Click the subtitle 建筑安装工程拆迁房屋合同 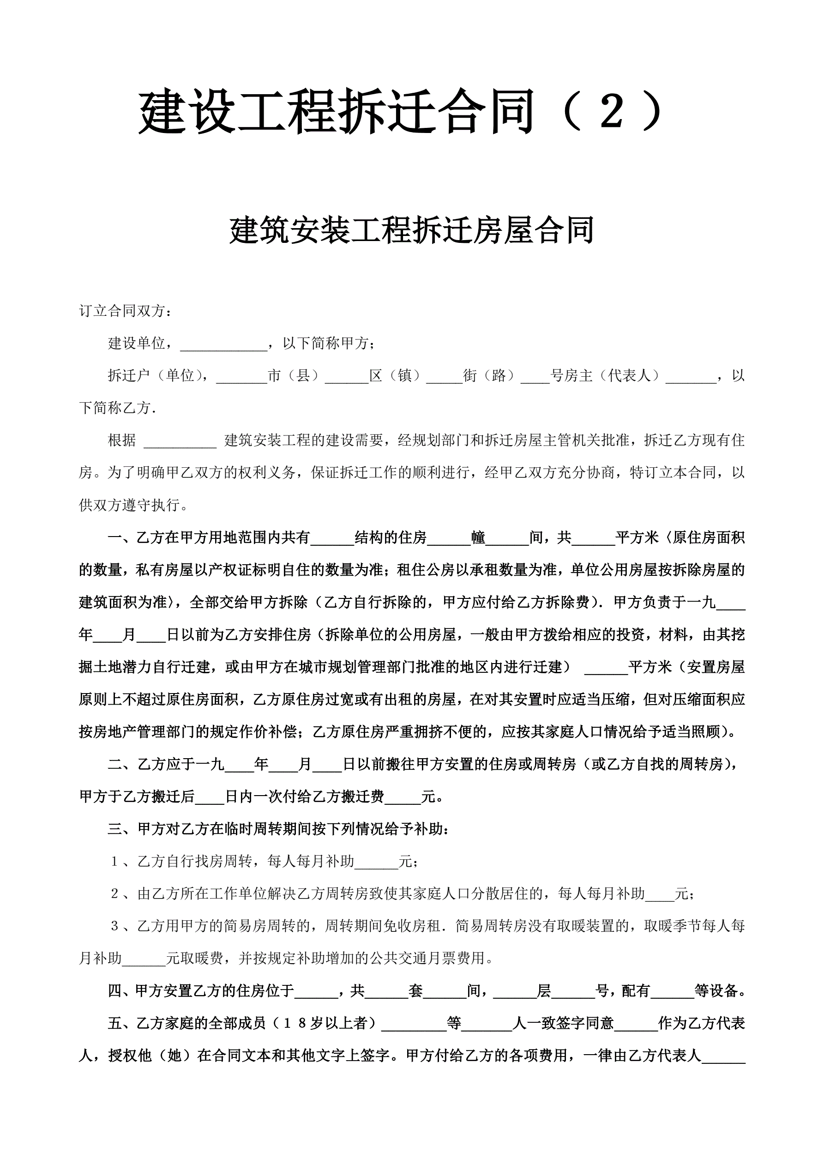411,230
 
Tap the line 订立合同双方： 125,311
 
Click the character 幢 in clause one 478,538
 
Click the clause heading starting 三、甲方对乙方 278,830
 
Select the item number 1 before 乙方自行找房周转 114,862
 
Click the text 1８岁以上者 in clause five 325,1023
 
